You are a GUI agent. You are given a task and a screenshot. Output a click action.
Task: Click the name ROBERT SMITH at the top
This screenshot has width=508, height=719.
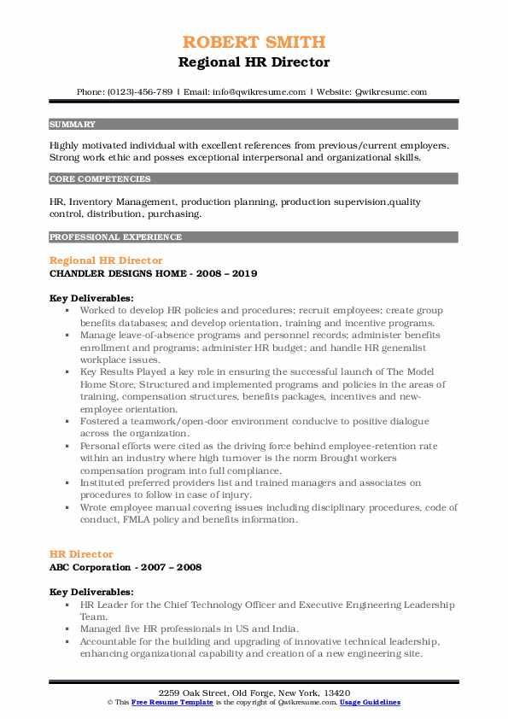pos(254,42)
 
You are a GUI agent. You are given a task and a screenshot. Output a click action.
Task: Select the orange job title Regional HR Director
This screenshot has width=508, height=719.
pos(106,260)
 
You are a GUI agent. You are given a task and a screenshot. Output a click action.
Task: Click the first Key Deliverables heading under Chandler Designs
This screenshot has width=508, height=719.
pos(91,298)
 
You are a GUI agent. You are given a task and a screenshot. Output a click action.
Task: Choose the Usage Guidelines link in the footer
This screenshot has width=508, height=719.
pos(370,702)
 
